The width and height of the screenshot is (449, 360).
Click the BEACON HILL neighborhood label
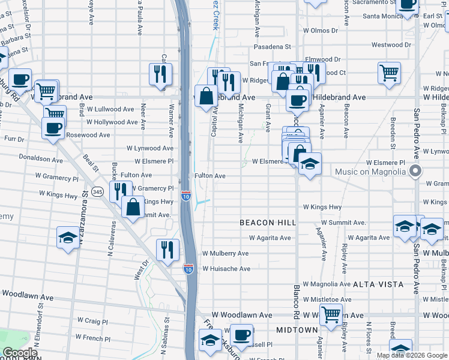tap(268, 223)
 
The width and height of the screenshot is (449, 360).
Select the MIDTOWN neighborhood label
tap(297, 331)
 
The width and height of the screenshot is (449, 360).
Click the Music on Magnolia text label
tap(370, 172)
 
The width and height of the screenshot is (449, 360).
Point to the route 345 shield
tap(98, 191)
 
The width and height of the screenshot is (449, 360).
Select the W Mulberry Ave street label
tap(225, 254)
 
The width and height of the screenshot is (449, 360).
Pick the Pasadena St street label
tap(271, 46)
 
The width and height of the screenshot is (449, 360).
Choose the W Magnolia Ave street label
tap(327, 284)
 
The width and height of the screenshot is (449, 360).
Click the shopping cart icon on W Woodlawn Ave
tap(330, 314)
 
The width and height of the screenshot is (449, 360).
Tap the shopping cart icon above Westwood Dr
tap(389, 73)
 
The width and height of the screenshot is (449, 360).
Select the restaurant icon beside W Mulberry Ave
tap(167, 249)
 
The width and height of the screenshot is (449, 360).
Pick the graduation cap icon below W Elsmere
tap(309, 163)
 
